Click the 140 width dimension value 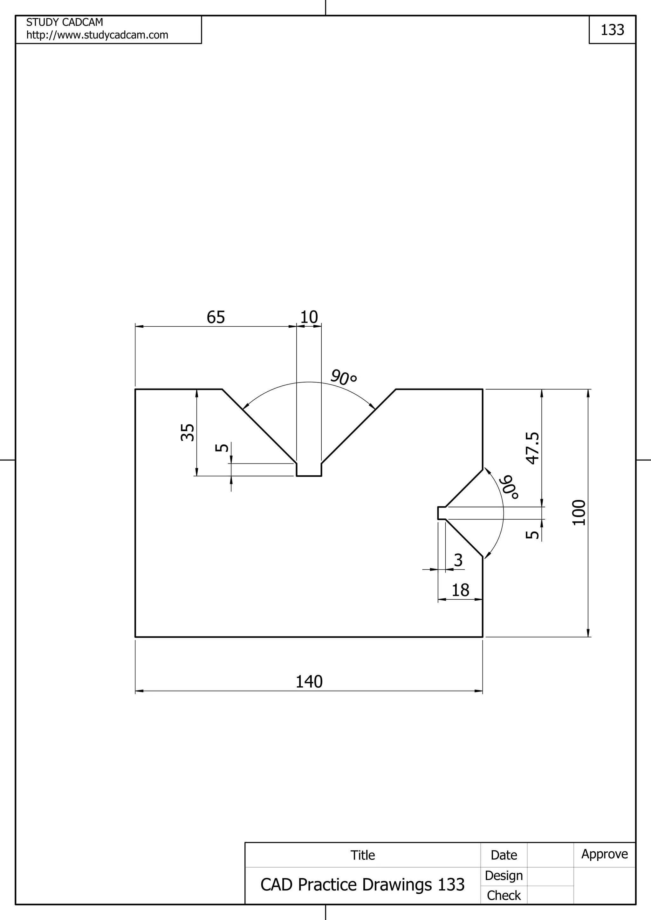309,682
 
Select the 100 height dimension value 579,512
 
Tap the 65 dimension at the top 216,317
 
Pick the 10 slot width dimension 309,317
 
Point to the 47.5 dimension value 533,448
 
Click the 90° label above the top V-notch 344,377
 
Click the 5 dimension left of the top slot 222,448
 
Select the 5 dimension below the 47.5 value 533,535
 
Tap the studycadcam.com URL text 97,35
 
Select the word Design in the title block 504,876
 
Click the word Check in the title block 504,895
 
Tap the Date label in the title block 504,855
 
